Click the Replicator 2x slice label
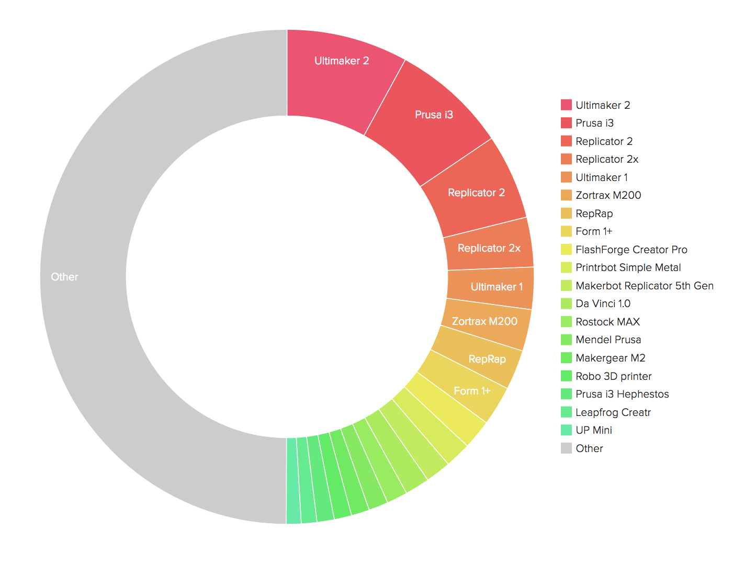click(x=489, y=248)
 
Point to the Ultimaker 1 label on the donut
click(x=497, y=287)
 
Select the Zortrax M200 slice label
click(x=484, y=321)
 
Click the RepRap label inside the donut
click(x=487, y=359)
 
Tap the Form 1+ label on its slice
click(x=472, y=391)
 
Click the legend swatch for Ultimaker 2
click(x=566, y=105)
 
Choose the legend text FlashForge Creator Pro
click(x=631, y=250)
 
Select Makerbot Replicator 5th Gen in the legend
click(x=644, y=286)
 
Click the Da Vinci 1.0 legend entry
click(x=603, y=303)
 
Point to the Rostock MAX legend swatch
click(x=566, y=322)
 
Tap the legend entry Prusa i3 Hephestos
click(x=622, y=394)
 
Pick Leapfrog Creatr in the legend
click(x=613, y=412)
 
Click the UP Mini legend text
click(x=593, y=430)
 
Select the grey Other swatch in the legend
click(x=566, y=448)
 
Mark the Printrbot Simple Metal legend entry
click(x=628, y=267)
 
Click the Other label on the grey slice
click(x=64, y=277)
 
